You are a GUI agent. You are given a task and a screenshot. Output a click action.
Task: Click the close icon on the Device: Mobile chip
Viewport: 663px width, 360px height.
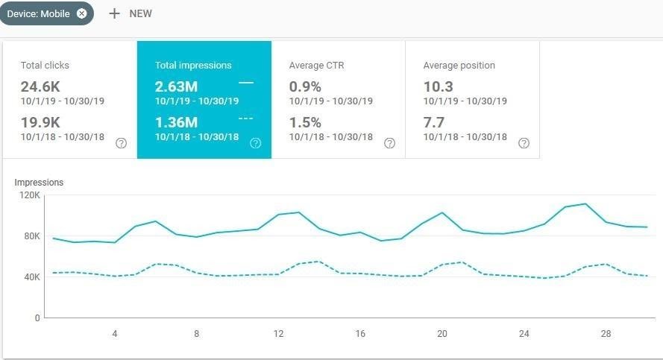coord(82,13)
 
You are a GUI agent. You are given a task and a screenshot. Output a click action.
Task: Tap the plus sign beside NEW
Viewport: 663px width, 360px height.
coord(114,13)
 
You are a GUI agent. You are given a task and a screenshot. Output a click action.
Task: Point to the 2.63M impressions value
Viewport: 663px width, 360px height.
coord(177,86)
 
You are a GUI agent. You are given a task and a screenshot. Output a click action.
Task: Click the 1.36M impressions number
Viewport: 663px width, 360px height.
coord(176,122)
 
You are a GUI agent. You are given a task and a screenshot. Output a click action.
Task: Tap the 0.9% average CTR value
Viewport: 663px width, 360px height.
coord(305,86)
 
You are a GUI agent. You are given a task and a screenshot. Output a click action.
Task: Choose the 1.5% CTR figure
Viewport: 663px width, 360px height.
coord(305,122)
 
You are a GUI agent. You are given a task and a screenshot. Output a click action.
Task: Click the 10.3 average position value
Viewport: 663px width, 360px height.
coord(438,86)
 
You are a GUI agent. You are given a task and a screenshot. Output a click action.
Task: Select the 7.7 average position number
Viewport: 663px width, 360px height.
coord(433,122)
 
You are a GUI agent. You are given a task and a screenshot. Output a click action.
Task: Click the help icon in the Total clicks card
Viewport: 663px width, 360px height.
coord(121,143)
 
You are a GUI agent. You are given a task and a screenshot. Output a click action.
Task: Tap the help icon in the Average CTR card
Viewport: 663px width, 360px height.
coord(389,143)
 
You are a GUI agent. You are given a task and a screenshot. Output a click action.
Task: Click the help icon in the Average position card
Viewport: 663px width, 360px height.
coord(524,143)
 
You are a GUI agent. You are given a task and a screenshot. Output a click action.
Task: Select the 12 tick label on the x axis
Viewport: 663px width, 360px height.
coord(278,334)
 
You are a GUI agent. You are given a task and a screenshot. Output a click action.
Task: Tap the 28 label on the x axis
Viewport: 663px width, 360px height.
coord(606,334)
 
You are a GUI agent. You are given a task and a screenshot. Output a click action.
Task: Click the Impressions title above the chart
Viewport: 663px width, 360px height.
coord(39,182)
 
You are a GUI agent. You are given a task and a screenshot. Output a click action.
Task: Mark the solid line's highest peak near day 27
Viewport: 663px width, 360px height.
coord(585,203)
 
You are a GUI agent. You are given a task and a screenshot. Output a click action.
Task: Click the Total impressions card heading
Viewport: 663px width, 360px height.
coord(193,66)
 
